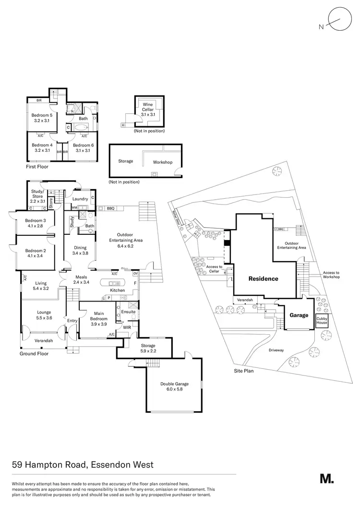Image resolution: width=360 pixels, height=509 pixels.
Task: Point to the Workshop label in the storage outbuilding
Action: (162, 162)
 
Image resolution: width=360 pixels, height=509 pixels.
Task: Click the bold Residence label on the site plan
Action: (263, 279)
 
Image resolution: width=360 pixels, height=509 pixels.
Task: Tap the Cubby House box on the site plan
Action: (321, 321)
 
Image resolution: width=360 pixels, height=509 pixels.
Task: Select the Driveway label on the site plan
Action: (276, 350)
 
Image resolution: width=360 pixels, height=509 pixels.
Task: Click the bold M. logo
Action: (326, 478)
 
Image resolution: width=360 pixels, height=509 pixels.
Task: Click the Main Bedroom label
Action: (99, 315)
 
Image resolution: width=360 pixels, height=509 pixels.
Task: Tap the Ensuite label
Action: (128, 312)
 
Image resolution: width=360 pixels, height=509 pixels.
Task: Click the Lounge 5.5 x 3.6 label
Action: (44, 315)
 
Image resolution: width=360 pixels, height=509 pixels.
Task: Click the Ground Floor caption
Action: (34, 353)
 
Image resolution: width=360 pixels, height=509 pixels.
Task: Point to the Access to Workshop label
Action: (331, 275)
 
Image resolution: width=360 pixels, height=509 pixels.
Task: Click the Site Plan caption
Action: (244, 371)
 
